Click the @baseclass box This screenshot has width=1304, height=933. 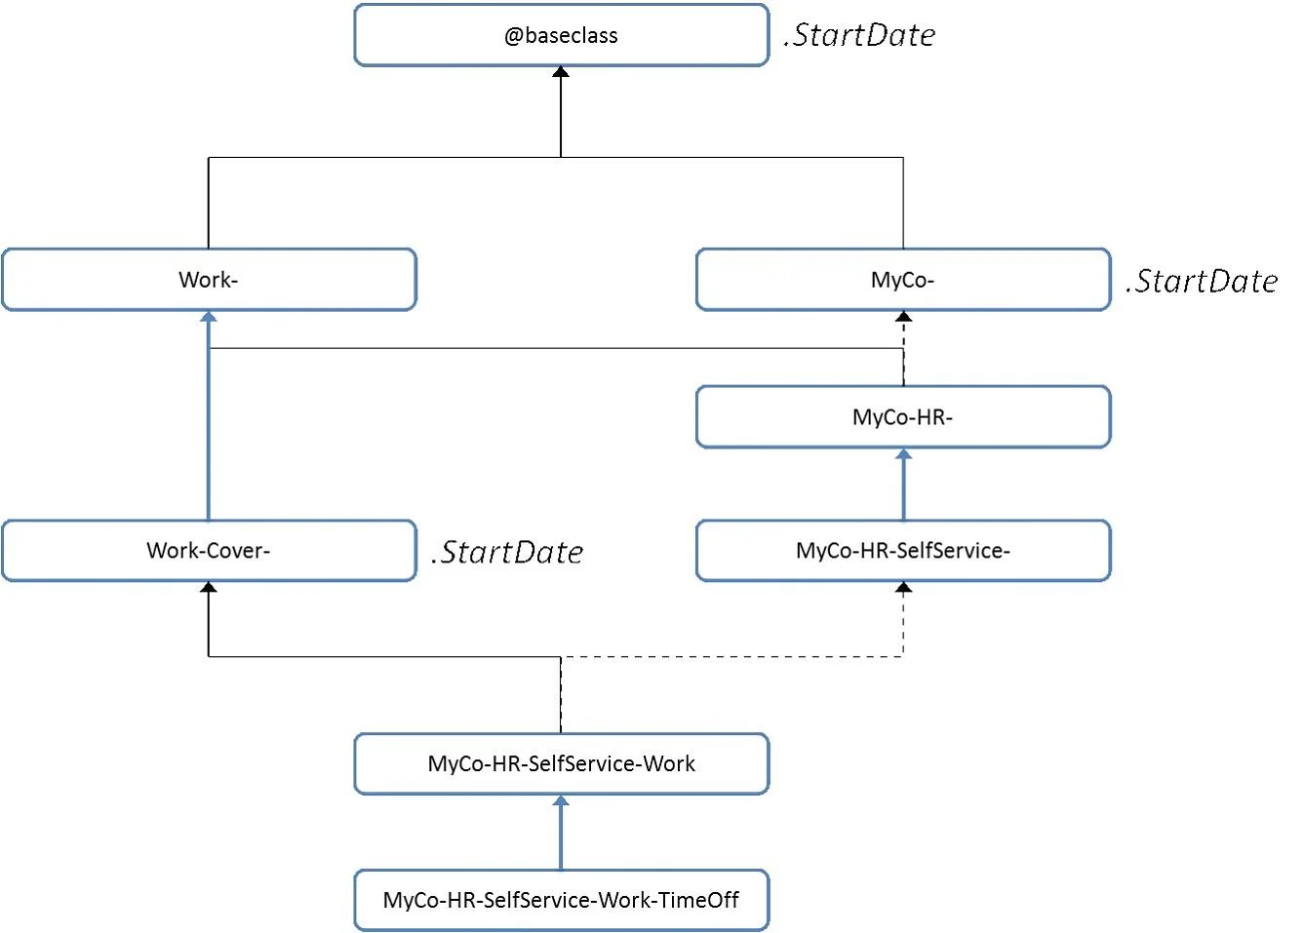(x=562, y=35)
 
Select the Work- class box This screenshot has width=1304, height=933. (x=209, y=280)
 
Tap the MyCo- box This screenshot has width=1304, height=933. (x=903, y=280)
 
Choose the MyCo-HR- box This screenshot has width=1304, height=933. (x=903, y=416)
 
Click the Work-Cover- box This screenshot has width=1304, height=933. (x=209, y=551)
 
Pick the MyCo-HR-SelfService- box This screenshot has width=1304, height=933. (x=903, y=551)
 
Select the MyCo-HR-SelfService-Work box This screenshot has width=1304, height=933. (x=562, y=763)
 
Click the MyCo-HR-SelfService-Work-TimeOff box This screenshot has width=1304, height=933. (x=562, y=901)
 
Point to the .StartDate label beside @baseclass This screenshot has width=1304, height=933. (x=859, y=35)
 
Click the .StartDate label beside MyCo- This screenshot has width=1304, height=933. (x=1202, y=281)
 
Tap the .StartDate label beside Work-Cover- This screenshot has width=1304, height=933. (x=507, y=552)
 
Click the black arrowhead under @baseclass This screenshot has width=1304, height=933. (x=561, y=71)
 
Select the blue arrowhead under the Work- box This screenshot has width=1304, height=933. (x=209, y=317)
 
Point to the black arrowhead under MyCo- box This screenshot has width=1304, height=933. (x=903, y=317)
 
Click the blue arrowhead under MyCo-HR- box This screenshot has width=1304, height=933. (x=903, y=454)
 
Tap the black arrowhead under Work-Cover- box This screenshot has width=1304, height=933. (x=209, y=587)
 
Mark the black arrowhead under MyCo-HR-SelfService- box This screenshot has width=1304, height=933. (x=903, y=587)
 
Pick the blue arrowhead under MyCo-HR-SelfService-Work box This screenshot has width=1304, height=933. (x=561, y=800)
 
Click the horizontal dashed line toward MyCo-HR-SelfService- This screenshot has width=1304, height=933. (x=732, y=656)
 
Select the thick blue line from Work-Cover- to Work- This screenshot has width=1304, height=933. (x=209, y=420)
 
